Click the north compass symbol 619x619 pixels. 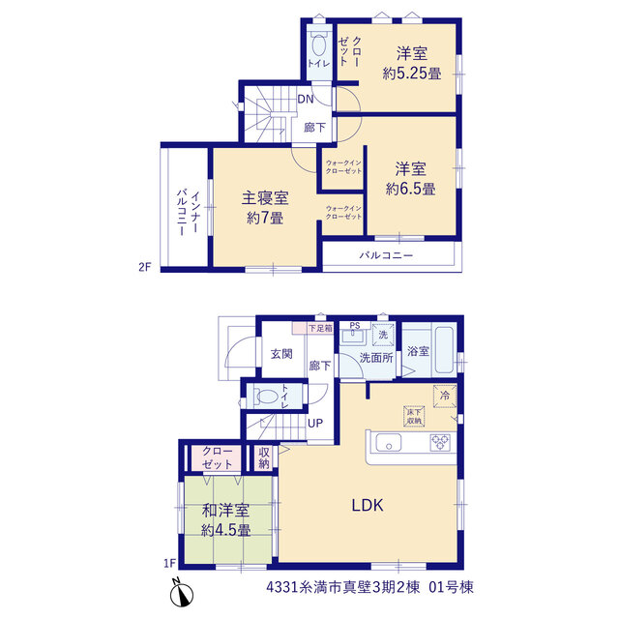click(x=181, y=593)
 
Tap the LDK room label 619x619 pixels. click(x=368, y=505)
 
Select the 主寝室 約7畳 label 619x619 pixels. click(x=265, y=208)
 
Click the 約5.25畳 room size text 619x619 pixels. click(x=412, y=74)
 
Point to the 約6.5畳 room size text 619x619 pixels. click(x=410, y=189)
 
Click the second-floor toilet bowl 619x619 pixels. click(x=318, y=44)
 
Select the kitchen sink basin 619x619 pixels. click(x=389, y=443)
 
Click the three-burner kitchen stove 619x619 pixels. click(x=440, y=443)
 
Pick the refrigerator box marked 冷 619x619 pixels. click(x=445, y=396)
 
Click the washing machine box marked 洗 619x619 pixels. click(x=383, y=335)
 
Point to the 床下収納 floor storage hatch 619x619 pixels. click(x=414, y=417)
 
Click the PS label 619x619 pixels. click(x=355, y=326)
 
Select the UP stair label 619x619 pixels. click(x=315, y=424)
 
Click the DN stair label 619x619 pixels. click(x=306, y=99)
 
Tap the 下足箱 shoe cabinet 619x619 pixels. click(x=312, y=328)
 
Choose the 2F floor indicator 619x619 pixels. click(x=145, y=267)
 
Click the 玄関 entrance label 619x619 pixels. click(x=281, y=354)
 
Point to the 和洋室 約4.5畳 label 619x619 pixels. click(x=225, y=520)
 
